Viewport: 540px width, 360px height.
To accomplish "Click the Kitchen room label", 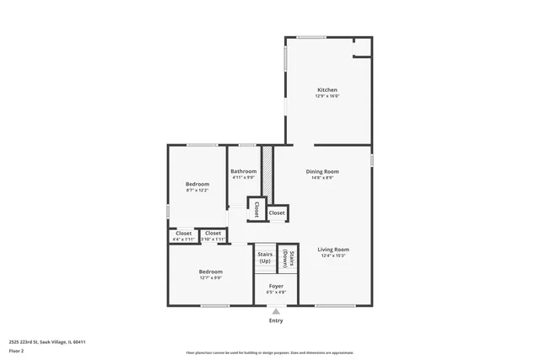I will click(327, 90).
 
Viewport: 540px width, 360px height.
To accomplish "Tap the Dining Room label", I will click(322, 171).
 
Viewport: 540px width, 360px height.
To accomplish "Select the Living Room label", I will click(333, 250).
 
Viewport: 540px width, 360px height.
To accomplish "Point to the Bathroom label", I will click(244, 171).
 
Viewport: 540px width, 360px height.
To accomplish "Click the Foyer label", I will click(277, 286).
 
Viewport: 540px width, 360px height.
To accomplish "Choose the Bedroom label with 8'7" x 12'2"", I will click(197, 184).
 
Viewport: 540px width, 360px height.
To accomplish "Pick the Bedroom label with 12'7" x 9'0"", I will click(211, 271).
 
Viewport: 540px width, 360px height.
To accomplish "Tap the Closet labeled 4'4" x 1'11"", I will click(183, 234).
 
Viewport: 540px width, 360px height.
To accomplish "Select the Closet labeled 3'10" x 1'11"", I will click(213, 234).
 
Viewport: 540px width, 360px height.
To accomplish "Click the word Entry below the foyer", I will click(276, 320).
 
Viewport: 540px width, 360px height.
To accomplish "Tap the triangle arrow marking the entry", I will click(276, 311).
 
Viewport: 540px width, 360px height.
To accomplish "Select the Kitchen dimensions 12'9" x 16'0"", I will click(327, 96).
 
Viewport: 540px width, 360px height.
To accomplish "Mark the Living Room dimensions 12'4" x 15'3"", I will click(333, 256).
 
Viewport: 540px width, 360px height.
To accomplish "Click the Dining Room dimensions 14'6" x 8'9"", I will click(322, 178).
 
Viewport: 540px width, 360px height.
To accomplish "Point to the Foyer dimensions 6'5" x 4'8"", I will click(277, 293).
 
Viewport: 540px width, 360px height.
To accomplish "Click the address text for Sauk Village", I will click(46, 341).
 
